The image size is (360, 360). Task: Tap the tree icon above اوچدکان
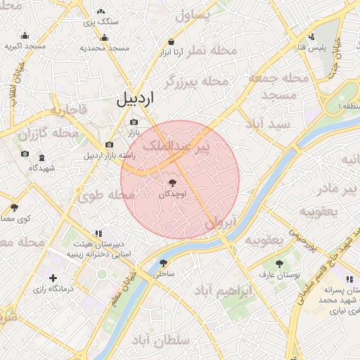[x=174, y=181]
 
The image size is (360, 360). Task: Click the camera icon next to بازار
[x=134, y=122]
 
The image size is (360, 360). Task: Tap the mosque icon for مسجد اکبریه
[x=25, y=36]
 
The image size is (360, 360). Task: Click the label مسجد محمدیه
[x=104, y=48]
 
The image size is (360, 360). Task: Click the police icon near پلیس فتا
[x=311, y=36]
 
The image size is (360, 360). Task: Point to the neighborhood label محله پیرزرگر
[x=197, y=82]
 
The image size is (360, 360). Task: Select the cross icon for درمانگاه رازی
[x=53, y=278]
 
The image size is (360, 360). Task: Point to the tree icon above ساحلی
[x=164, y=262]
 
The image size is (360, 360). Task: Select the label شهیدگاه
[x=43, y=168]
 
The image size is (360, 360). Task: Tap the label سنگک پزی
[x=101, y=22]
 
